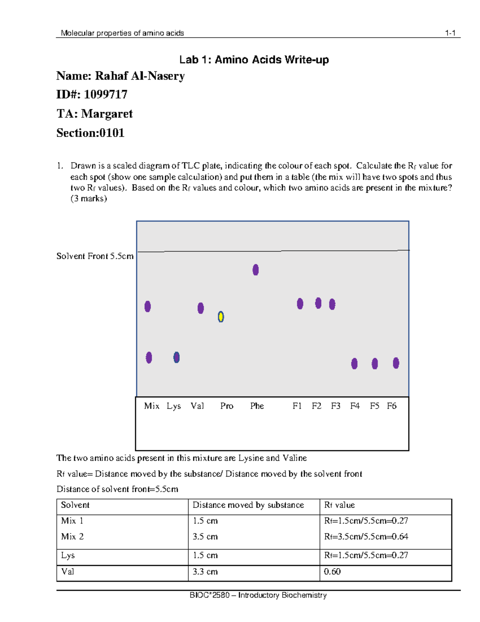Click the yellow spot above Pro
tap(221, 317)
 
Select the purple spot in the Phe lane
tap(256, 270)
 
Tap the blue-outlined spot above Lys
tap(176, 357)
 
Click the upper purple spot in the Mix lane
tap(148, 306)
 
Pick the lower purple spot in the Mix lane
tap(149, 357)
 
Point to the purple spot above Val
tap(201, 308)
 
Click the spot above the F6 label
tap(396, 363)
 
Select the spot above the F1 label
tap(300, 304)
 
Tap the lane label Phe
tap(257, 406)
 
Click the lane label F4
tap(355, 406)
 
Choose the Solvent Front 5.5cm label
tap(95, 256)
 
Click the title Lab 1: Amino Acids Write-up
tap(254, 60)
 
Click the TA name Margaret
tap(107, 114)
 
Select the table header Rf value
tap(339, 505)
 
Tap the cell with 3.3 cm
tap(205, 572)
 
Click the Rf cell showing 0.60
tap(332, 572)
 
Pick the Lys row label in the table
tap(68, 556)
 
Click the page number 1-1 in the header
tap(450, 33)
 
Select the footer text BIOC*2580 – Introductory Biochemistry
tap(258, 595)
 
